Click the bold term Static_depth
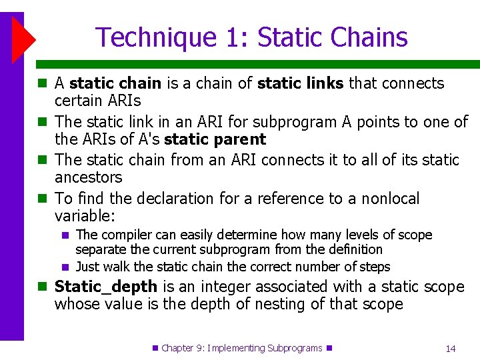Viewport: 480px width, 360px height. [x=106, y=287]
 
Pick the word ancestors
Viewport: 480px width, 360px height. [x=89, y=177]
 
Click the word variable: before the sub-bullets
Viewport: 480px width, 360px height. [x=85, y=216]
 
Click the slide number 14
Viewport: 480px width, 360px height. [x=451, y=348]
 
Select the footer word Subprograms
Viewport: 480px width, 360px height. [x=294, y=348]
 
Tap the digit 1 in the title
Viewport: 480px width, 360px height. [x=234, y=37]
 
